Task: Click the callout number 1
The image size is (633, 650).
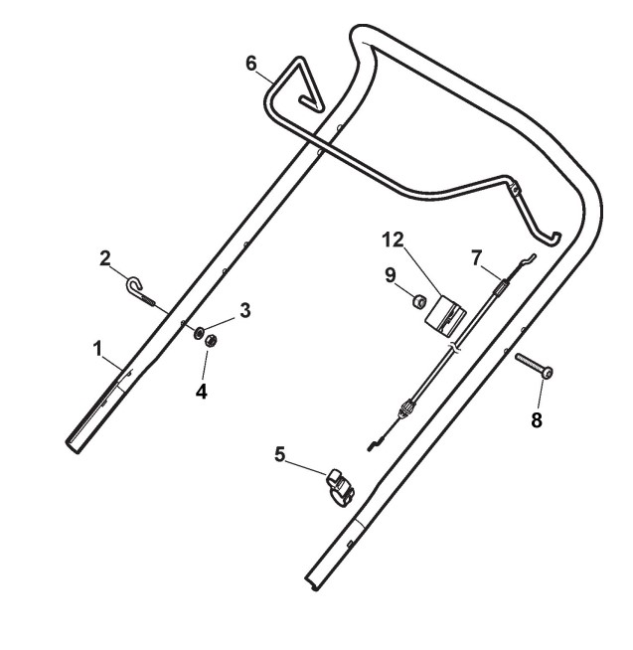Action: click(x=98, y=349)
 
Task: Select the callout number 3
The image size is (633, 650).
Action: click(x=244, y=310)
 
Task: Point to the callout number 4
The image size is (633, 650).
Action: click(x=202, y=391)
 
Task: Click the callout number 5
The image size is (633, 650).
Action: click(x=280, y=454)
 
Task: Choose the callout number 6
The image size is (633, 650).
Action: click(x=251, y=64)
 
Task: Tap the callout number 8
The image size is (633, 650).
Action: click(x=537, y=419)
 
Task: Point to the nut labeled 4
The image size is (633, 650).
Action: click(x=211, y=344)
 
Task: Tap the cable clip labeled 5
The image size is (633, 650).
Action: click(x=339, y=486)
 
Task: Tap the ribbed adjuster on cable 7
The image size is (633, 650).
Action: click(x=404, y=407)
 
